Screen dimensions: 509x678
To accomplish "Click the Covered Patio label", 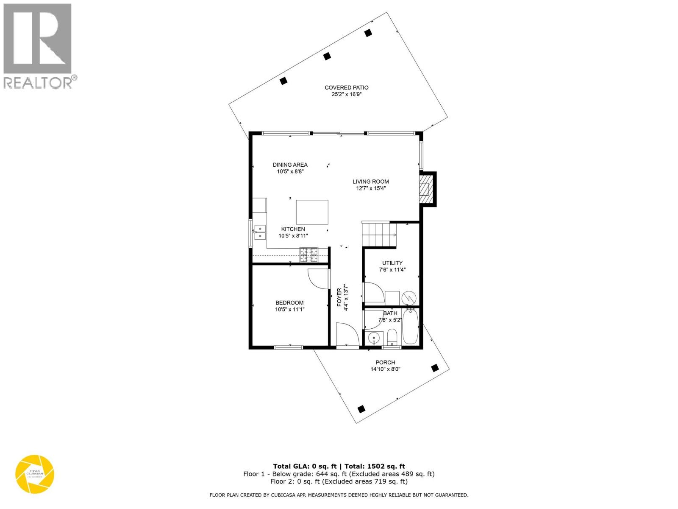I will [x=346, y=88].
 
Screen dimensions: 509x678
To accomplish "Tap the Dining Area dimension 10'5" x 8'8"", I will [x=290, y=172].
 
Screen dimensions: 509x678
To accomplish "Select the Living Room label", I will [x=371, y=182].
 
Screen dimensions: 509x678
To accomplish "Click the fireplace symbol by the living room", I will [x=425, y=189].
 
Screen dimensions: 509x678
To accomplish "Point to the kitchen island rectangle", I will [x=312, y=212].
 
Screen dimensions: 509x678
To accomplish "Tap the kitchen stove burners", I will [x=309, y=255].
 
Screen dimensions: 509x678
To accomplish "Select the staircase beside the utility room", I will [x=378, y=235].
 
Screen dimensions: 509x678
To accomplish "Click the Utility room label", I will [x=392, y=263].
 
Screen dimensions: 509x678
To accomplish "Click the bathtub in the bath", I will [x=410, y=327].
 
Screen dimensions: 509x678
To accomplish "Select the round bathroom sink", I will [x=373, y=338].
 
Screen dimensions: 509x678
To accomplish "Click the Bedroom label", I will [x=289, y=303].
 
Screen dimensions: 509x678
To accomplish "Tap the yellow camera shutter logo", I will [x=35, y=474].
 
